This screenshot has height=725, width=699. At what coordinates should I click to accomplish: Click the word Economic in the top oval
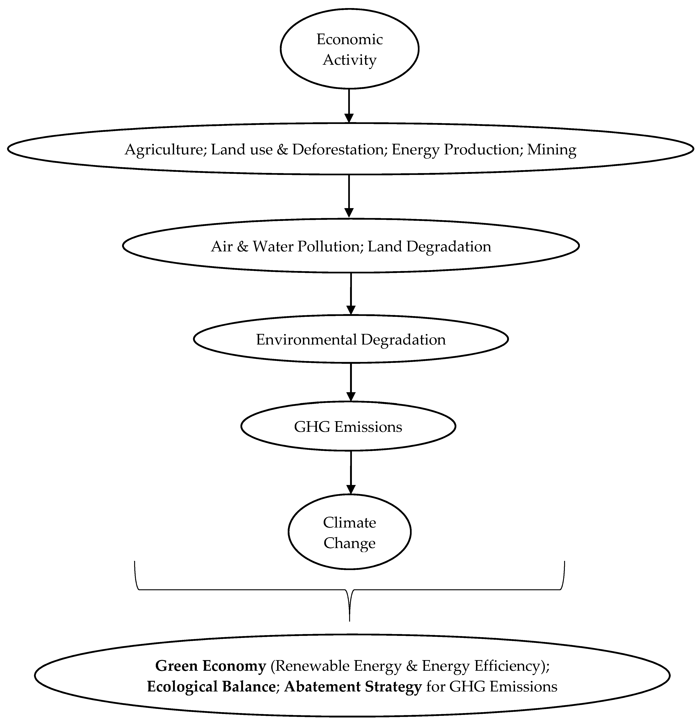(349, 39)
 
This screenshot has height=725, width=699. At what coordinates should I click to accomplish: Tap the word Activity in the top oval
(349, 60)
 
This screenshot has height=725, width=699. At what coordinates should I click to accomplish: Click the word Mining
(551, 149)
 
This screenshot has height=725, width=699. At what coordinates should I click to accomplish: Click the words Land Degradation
(429, 246)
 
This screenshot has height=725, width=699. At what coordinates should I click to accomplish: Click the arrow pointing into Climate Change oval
(350, 472)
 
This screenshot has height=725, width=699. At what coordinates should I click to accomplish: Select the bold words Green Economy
(210, 666)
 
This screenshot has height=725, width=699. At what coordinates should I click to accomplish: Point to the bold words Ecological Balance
(211, 686)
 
